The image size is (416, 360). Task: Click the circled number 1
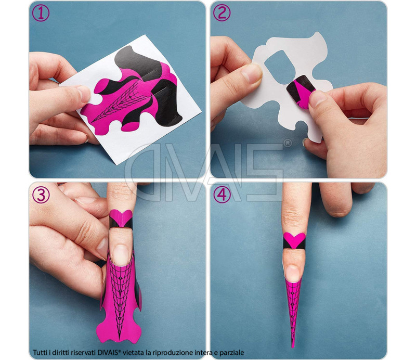pos(41,12)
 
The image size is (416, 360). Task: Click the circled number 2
pos(222,12)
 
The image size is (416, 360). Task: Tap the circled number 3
pos(41,194)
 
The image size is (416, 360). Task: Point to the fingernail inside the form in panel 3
pos(121,254)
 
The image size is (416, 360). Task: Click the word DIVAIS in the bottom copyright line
pos(121,352)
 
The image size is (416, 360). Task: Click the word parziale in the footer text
pos(231,352)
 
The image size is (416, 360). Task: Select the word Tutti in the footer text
pos(41,352)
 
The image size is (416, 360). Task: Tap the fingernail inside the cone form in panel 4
pos(293,273)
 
